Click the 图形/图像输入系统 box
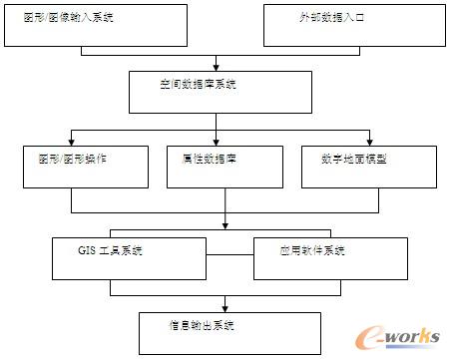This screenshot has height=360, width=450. click(94, 25)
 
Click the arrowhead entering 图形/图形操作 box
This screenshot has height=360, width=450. click(69, 142)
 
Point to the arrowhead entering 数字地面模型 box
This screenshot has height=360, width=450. click(371, 142)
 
